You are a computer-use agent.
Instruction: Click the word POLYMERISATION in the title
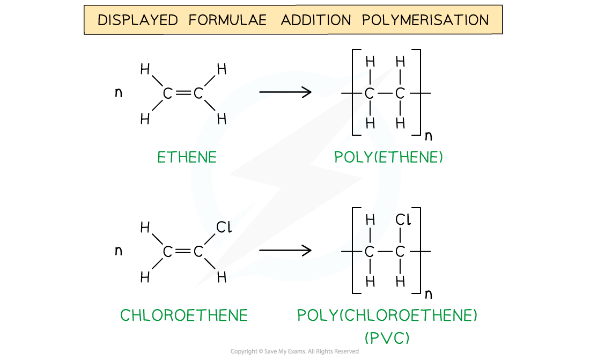point(425,20)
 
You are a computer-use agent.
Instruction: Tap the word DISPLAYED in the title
point(138,20)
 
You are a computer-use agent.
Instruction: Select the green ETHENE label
point(187,157)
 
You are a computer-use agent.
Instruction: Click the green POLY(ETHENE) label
point(388,157)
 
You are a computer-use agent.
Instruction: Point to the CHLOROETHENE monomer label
point(183,315)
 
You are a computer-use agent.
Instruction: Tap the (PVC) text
point(387,337)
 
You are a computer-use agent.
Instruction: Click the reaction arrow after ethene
point(285,92)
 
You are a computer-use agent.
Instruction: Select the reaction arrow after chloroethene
point(285,250)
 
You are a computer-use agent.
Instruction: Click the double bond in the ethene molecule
point(183,93)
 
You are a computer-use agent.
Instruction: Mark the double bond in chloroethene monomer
point(183,251)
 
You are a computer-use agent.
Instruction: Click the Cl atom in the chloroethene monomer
point(224,227)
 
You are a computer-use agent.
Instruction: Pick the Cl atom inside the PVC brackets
point(403,219)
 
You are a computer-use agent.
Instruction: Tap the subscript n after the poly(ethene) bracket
point(428,136)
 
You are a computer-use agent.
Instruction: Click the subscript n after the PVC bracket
point(428,293)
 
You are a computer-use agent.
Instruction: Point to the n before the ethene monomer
point(119,92)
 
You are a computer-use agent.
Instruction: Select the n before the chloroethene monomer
point(119,251)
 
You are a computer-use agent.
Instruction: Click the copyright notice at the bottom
point(294,351)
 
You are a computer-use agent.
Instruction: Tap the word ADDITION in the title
point(316,20)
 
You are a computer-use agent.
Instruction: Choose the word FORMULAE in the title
point(227,20)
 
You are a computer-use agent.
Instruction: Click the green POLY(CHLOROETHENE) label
point(387,315)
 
